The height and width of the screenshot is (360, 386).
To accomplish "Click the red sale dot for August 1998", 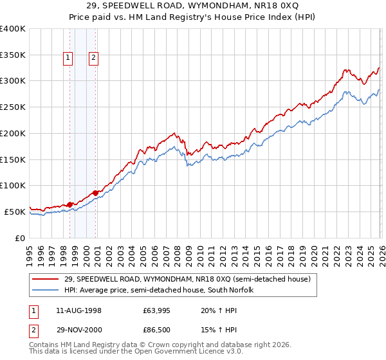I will [70, 204].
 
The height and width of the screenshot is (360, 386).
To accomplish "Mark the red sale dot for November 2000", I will [96, 192].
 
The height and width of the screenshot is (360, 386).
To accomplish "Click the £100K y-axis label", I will [13, 185].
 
